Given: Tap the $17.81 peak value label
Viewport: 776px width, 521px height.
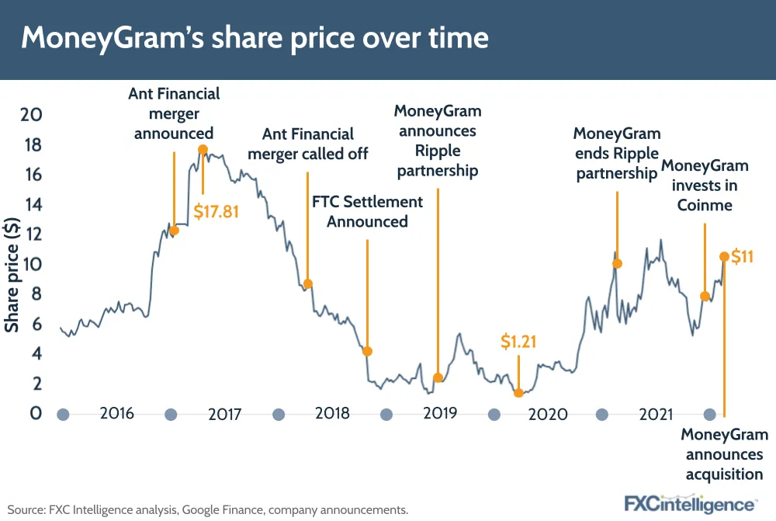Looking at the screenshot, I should pyautogui.click(x=216, y=210).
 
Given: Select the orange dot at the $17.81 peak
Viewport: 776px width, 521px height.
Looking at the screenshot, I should pyautogui.click(x=203, y=149).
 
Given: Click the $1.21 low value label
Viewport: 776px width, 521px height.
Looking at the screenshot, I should pyautogui.click(x=518, y=341).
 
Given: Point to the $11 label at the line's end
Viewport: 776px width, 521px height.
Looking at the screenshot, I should pyautogui.click(x=742, y=256).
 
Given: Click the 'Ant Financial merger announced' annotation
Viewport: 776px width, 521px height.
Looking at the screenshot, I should pyautogui.click(x=174, y=113).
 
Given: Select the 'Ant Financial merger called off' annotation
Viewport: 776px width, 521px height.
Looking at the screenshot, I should pyautogui.click(x=308, y=144).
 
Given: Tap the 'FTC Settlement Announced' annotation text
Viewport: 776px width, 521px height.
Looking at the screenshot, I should pyautogui.click(x=367, y=211).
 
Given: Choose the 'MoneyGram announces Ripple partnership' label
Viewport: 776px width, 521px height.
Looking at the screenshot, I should pyautogui.click(x=438, y=141).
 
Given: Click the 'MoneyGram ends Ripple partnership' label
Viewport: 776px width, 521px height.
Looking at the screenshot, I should pyautogui.click(x=617, y=153).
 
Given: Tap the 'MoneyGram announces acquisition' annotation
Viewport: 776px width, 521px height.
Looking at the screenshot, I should pyautogui.click(x=724, y=454).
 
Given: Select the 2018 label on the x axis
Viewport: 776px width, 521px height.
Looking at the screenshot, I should pyautogui.click(x=333, y=413).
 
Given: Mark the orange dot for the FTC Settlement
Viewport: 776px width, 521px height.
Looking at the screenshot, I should pyautogui.click(x=367, y=351).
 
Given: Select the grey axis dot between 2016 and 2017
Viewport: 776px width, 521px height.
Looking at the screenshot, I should pyautogui.click(x=171, y=415).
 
